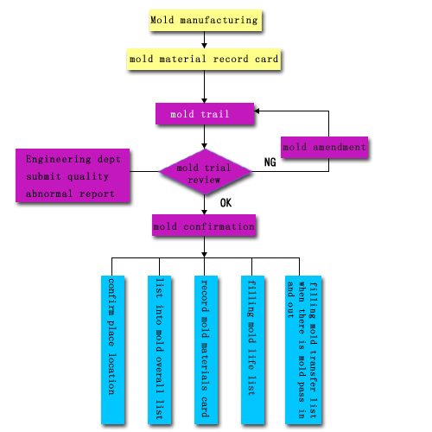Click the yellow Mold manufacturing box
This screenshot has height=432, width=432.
pyautogui.click(x=206, y=20)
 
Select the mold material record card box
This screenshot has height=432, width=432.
pyautogui.click(x=204, y=60)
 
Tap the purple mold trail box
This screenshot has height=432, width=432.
pyautogui.click(x=205, y=114)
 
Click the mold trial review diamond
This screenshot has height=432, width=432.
pyautogui.click(x=205, y=172)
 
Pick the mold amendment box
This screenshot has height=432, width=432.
pyautogui.click(x=324, y=147)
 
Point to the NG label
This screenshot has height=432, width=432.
pyautogui.click(x=270, y=162)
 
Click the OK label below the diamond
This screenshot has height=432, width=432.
pyautogui.click(x=226, y=203)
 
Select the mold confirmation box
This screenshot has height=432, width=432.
pyautogui.click(x=204, y=226)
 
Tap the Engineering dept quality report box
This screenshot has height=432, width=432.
pyautogui.click(x=73, y=175)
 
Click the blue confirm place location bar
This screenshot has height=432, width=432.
pyautogui.click(x=112, y=350)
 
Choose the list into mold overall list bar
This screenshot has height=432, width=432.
pyautogui.click(x=159, y=350)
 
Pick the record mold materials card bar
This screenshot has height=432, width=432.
pyautogui.click(x=206, y=350)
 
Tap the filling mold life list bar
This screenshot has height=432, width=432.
pyautogui.click(x=252, y=350)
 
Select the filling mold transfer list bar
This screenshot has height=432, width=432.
pyautogui.click(x=303, y=350)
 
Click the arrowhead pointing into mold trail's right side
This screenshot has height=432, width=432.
pyautogui.click(x=257, y=111)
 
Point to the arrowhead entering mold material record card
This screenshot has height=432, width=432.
pyautogui.click(x=204, y=46)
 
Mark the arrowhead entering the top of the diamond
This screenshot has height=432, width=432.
pyautogui.click(x=204, y=146)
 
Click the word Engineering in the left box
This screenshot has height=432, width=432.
pyautogui.click(x=59, y=160)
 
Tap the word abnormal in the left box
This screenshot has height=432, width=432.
pyautogui.click(x=49, y=194)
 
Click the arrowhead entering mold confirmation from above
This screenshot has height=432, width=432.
pyautogui.click(x=204, y=212)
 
